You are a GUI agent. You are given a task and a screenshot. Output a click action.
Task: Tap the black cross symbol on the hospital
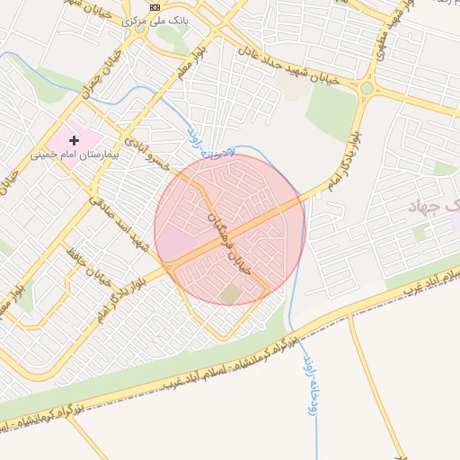click(x=74, y=140)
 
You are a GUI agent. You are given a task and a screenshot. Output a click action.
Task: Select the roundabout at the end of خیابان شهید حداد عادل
click(x=367, y=87)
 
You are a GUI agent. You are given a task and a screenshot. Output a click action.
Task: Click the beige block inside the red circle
click(x=231, y=293)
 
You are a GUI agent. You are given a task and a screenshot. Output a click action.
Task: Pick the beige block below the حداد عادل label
click(x=289, y=85)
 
